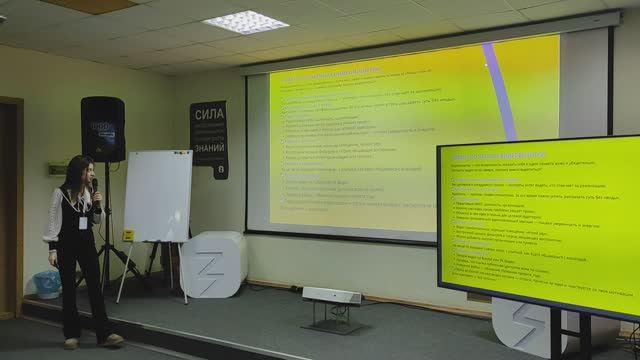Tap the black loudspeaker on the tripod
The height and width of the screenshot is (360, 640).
102,129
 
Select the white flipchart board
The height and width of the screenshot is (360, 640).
157,196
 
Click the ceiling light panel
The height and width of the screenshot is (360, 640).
245,22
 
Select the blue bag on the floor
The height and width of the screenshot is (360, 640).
45,285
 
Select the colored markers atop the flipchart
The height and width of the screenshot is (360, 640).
180,152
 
